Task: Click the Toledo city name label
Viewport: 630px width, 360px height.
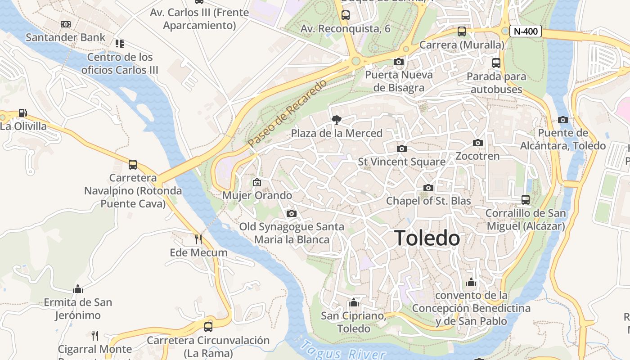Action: tap(427, 238)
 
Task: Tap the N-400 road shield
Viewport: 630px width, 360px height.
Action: tap(525, 31)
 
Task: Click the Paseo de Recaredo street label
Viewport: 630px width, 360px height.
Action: tap(287, 113)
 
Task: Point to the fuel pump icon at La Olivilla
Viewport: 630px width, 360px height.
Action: tap(22, 113)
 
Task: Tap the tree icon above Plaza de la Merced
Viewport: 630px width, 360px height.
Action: tap(336, 120)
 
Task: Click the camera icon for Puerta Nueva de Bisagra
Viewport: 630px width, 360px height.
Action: tap(398, 62)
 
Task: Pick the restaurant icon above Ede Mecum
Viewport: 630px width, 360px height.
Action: tap(198, 239)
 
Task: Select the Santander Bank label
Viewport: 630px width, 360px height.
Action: tap(65, 37)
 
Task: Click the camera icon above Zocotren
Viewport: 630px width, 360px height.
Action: tap(477, 143)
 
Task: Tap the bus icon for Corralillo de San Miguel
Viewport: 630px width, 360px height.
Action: tap(525, 199)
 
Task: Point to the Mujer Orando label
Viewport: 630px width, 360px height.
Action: tap(257, 195)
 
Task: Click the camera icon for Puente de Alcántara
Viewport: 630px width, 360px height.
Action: tap(562, 120)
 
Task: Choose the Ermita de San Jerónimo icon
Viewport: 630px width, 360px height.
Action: tap(78, 289)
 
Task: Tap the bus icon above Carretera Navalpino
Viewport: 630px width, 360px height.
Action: tap(133, 165)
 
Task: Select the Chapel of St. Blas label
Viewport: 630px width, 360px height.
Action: tap(428, 201)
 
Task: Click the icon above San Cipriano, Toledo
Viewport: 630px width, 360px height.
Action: tap(354, 302)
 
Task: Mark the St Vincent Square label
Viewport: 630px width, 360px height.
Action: tap(401, 162)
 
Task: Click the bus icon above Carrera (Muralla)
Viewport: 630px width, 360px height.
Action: tap(462, 31)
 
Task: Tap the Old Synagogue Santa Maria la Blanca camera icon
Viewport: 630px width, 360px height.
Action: tap(291, 213)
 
